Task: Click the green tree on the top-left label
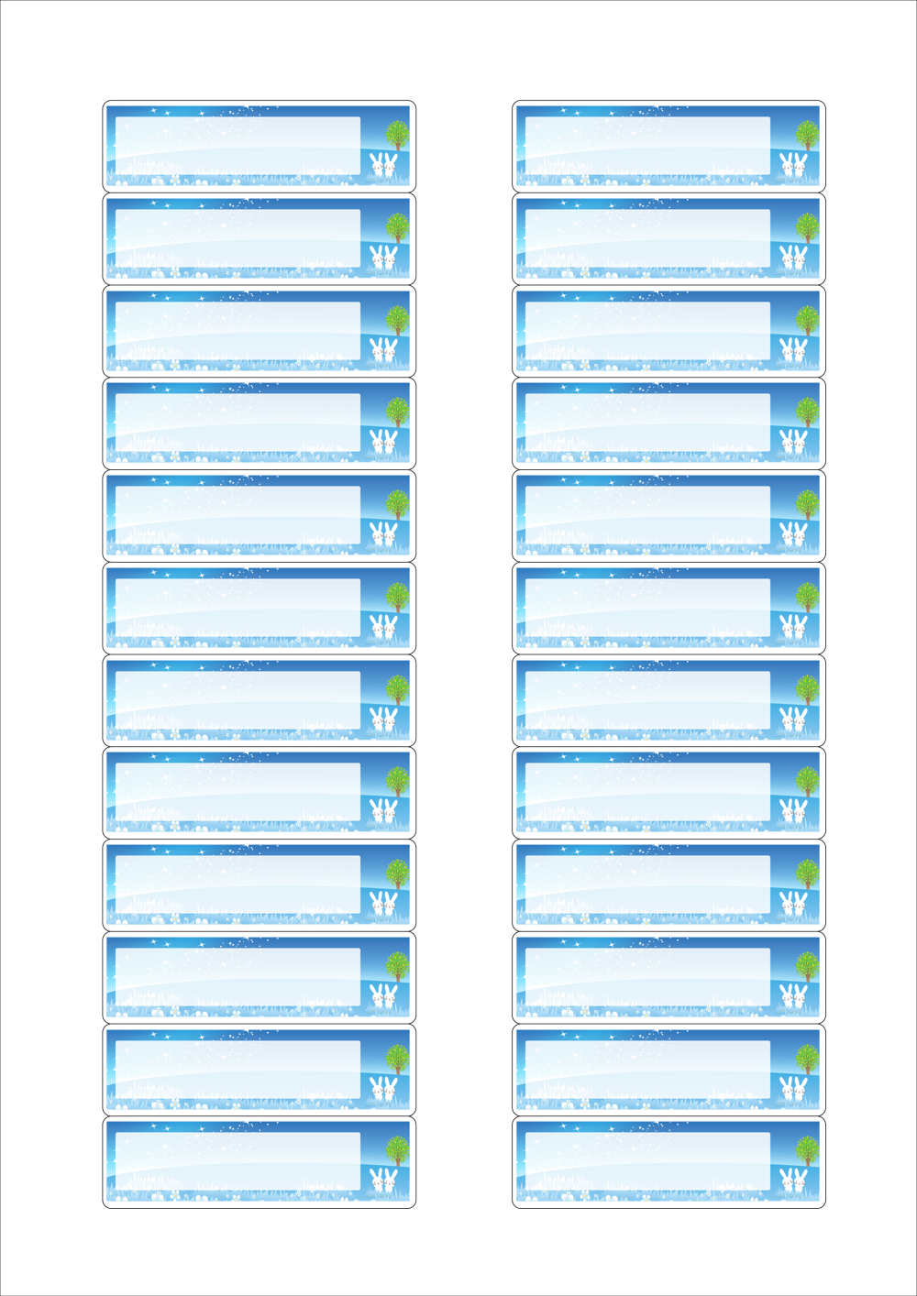click(x=397, y=134)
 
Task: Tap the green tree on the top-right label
click(x=807, y=134)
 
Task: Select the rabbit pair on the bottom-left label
click(x=383, y=1180)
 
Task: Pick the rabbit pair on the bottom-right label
click(x=793, y=1180)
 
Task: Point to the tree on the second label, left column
click(x=397, y=226)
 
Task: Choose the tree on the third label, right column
click(x=807, y=319)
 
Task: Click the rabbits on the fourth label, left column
click(x=383, y=440)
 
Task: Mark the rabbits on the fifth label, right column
click(x=793, y=533)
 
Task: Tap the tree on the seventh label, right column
click(x=807, y=688)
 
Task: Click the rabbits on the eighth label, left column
click(x=383, y=809)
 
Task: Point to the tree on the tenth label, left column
click(x=397, y=965)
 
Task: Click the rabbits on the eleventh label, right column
click(x=793, y=1087)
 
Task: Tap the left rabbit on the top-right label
click(x=787, y=163)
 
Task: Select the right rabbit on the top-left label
click(x=391, y=163)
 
